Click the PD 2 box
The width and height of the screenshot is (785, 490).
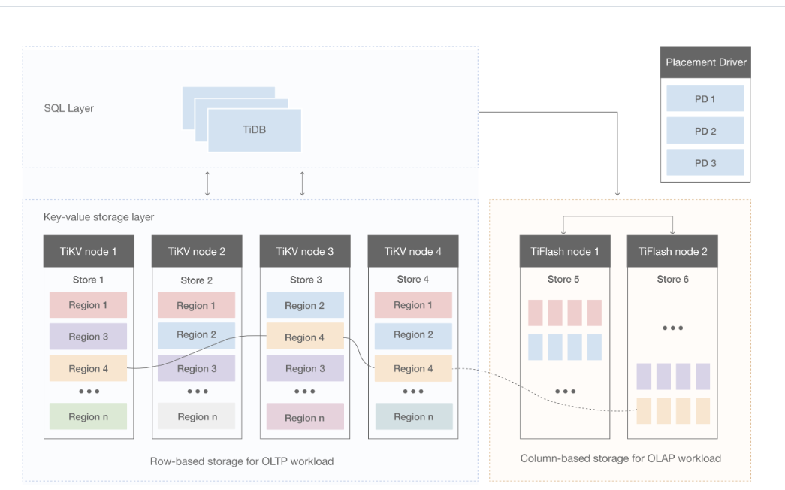[x=705, y=131]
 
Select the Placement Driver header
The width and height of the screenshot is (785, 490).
[x=705, y=62]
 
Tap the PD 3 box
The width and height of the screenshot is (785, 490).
[x=705, y=162]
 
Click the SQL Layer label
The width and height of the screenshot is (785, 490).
[x=68, y=108]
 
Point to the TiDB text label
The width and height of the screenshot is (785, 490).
[x=254, y=130]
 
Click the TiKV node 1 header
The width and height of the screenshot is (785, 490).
[x=89, y=251]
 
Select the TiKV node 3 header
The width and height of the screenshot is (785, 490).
[x=304, y=251]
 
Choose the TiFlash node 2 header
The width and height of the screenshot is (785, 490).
[x=672, y=251]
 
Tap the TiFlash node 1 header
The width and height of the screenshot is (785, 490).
[x=564, y=251]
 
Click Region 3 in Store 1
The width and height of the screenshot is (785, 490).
[x=88, y=337]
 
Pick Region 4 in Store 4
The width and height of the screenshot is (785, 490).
[x=413, y=368]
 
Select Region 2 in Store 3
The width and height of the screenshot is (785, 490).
[x=304, y=305]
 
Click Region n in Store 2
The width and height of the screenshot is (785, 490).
[x=197, y=416]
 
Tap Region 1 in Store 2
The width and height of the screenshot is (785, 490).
[x=196, y=305]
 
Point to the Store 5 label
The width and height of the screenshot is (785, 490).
[x=564, y=279]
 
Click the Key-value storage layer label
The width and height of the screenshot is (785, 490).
[x=98, y=217]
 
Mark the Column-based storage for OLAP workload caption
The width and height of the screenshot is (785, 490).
[x=620, y=458]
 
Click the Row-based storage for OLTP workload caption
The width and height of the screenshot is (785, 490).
[x=241, y=461]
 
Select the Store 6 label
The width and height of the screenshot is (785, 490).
[x=672, y=279]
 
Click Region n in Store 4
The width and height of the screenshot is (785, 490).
[x=413, y=416]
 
